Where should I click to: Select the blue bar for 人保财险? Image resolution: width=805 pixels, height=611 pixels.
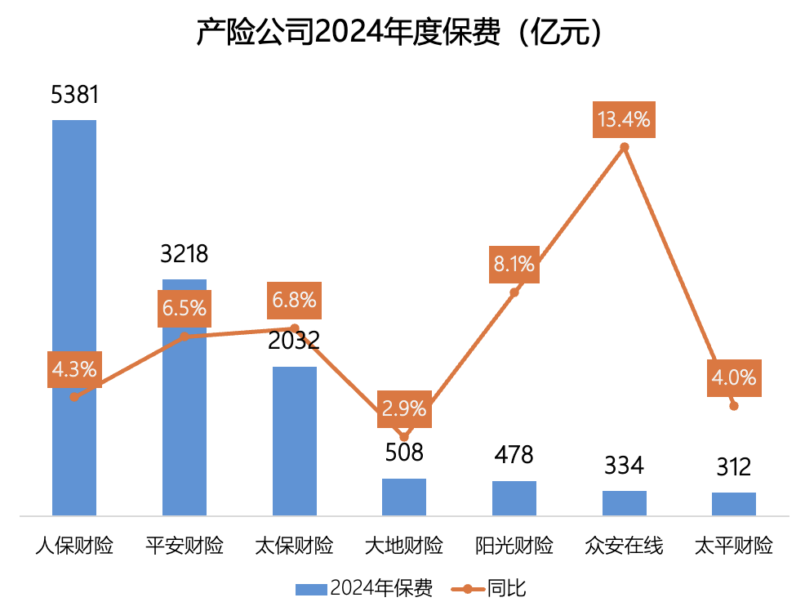(x=74, y=318)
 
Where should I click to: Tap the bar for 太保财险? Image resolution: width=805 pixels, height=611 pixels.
(x=294, y=441)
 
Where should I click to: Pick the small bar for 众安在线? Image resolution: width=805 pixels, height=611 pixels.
(x=625, y=503)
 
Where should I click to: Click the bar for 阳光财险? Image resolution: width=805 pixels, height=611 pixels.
(x=514, y=498)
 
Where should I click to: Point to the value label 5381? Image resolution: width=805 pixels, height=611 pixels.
(x=74, y=95)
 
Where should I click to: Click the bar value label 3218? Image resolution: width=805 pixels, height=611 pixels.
(x=185, y=254)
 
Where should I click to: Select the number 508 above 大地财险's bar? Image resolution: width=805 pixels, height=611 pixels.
(x=404, y=452)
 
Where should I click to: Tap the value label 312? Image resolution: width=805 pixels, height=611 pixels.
(x=734, y=467)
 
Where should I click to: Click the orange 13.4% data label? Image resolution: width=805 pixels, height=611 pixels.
(x=624, y=120)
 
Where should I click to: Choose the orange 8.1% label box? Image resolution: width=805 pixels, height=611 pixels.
(x=514, y=264)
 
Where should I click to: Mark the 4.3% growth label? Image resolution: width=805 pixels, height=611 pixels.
(x=74, y=369)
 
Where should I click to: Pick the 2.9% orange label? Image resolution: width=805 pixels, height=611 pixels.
(x=403, y=409)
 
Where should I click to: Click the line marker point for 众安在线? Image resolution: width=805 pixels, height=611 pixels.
(x=625, y=148)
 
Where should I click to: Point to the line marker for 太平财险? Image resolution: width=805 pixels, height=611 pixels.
(x=734, y=406)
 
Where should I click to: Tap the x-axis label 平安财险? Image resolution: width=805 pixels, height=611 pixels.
(x=185, y=546)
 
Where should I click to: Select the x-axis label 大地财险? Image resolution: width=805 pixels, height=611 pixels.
(x=404, y=546)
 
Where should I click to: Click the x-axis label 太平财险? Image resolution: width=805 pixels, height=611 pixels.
(x=734, y=546)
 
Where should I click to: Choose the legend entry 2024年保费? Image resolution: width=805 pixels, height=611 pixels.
(x=363, y=588)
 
